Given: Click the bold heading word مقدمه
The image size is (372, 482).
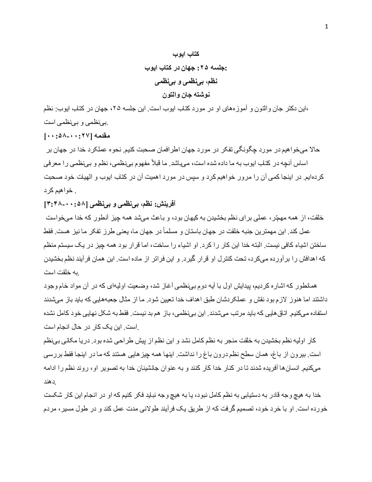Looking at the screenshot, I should (102, 136).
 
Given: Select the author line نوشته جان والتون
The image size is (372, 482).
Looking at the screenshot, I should (186, 94).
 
